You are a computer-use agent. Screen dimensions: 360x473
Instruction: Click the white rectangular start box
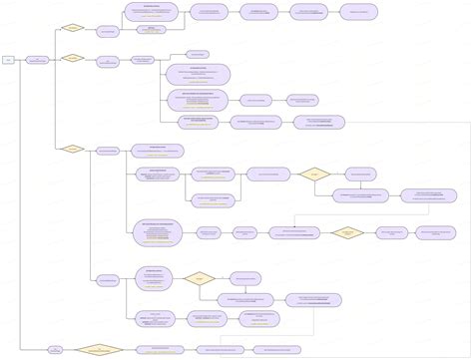click(9, 60)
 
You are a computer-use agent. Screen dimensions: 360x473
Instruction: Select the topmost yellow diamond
click(72, 28)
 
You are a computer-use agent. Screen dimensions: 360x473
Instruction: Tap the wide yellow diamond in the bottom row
click(99, 349)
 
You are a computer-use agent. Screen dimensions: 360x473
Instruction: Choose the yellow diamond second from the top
click(72, 59)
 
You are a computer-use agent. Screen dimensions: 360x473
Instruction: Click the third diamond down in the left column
click(72, 150)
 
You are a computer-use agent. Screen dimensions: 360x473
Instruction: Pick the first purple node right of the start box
click(37, 60)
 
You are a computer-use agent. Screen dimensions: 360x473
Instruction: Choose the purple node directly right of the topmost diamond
click(107, 30)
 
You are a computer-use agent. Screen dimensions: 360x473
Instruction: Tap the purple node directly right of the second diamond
click(107, 61)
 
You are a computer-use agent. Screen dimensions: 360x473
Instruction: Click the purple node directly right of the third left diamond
click(107, 151)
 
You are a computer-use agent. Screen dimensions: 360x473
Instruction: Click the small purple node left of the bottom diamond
click(56, 349)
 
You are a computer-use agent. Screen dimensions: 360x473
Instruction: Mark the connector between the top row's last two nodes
click(335, 13)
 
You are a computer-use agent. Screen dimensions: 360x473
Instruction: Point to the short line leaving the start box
click(20, 60)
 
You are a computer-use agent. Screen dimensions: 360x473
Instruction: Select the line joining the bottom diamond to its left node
click(70, 349)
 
